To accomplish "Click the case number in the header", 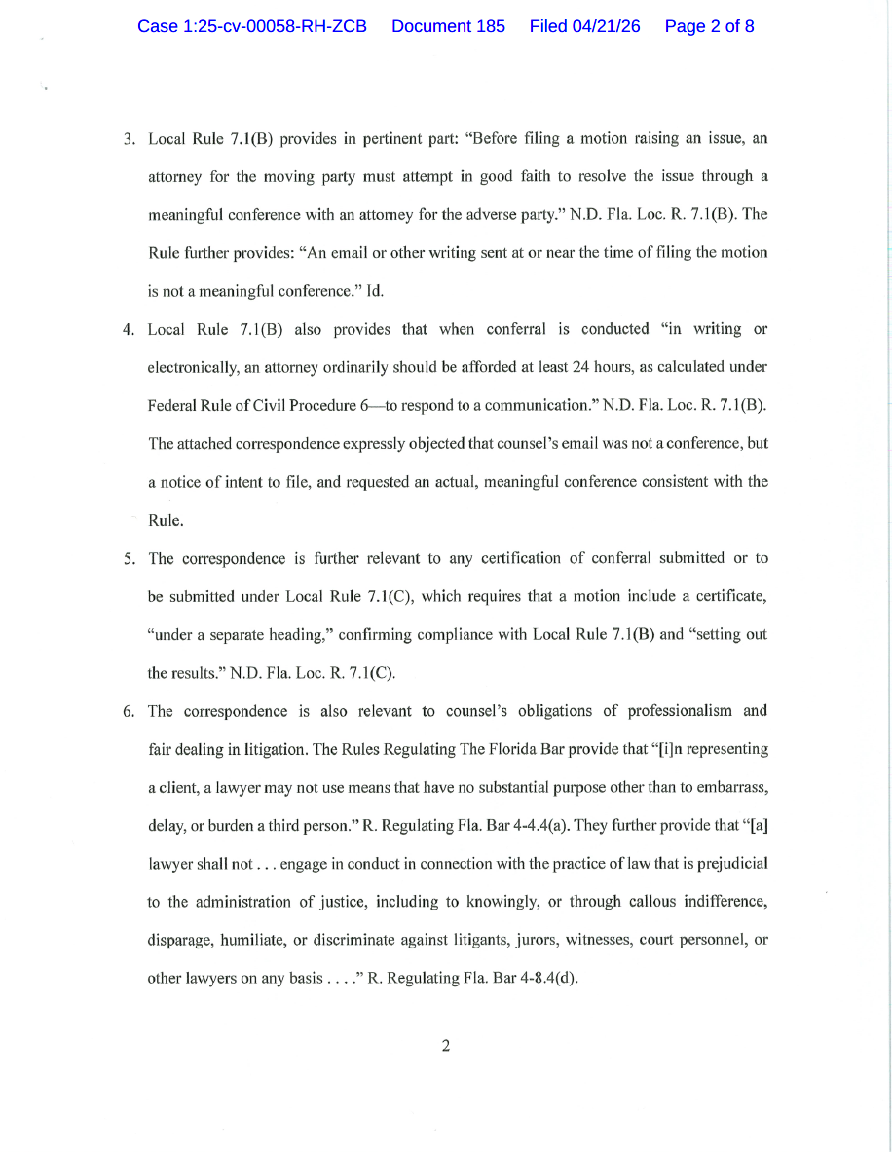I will click(x=251, y=26).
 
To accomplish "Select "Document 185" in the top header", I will click(x=448, y=26).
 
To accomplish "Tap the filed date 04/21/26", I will click(x=584, y=26).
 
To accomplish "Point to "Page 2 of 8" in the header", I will click(x=709, y=26).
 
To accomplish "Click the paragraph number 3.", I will click(x=128, y=139).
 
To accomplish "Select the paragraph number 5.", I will click(x=128, y=559).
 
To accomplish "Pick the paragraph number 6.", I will click(x=128, y=711).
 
